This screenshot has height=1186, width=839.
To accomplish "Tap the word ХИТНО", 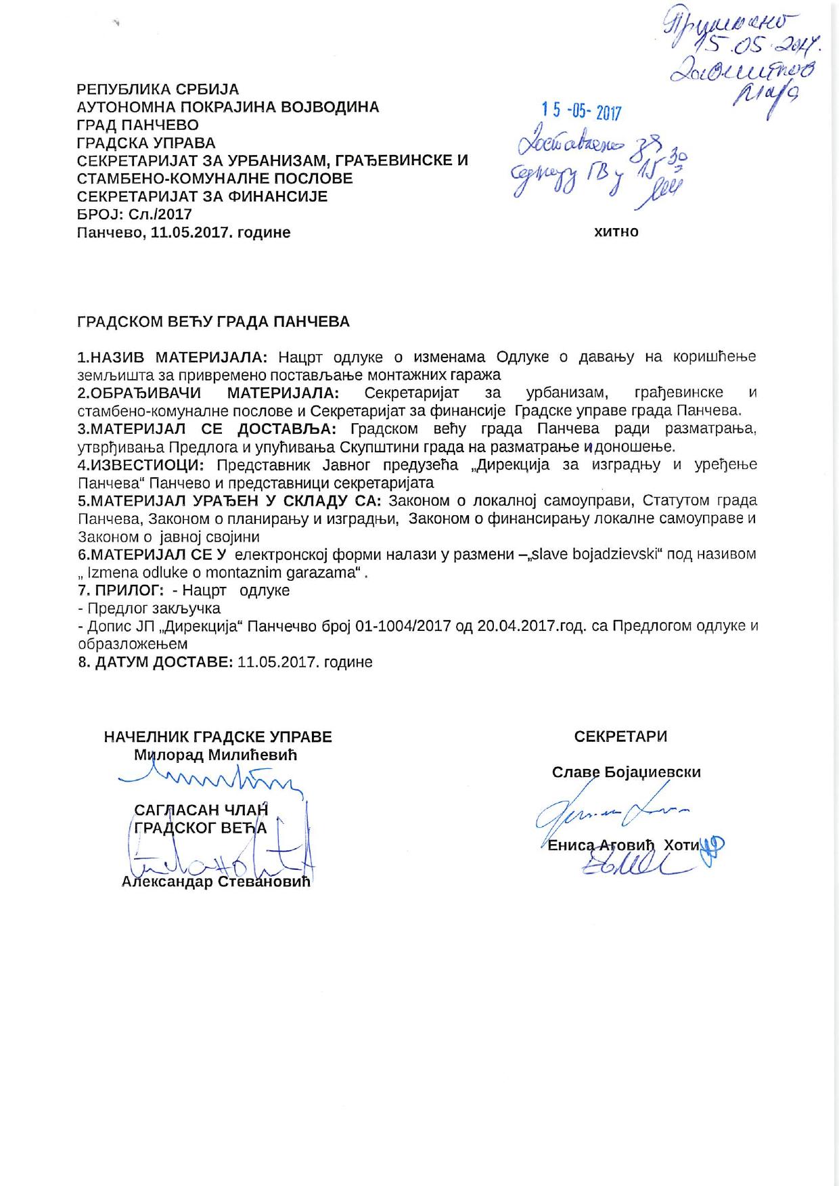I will pyautogui.click(x=616, y=232).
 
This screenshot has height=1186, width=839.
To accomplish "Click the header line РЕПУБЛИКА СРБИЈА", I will pyautogui.click(x=158, y=89).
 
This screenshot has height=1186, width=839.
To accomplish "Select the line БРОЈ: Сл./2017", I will pyautogui.click(x=135, y=215).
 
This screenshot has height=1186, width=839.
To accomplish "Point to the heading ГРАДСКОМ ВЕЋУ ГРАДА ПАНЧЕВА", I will pyautogui.click(x=214, y=322).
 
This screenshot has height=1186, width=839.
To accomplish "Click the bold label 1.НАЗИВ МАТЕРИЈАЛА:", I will pyautogui.click(x=173, y=357).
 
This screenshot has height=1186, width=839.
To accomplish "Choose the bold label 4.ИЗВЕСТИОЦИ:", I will pyautogui.click(x=145, y=465).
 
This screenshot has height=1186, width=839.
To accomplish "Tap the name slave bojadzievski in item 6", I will pyautogui.click(x=595, y=554).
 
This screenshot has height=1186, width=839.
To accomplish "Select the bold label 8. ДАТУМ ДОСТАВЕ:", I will pyautogui.click(x=156, y=662).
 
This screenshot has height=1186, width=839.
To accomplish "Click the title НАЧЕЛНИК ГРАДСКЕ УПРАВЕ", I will pyautogui.click(x=218, y=737).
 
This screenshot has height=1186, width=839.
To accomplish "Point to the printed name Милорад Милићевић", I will pyautogui.click(x=216, y=755).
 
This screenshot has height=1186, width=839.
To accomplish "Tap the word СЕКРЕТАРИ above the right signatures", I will pyautogui.click(x=620, y=737).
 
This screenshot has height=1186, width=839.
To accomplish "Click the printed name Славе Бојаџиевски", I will pyautogui.click(x=627, y=772).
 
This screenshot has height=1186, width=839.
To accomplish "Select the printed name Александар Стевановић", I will pyautogui.click(x=216, y=882).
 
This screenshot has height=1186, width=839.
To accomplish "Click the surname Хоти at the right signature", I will pyautogui.click(x=681, y=845).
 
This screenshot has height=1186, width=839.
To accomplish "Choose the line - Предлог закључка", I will pyautogui.click(x=149, y=609).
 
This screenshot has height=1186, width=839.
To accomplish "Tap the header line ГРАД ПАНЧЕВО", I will pyautogui.click(x=138, y=125).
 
